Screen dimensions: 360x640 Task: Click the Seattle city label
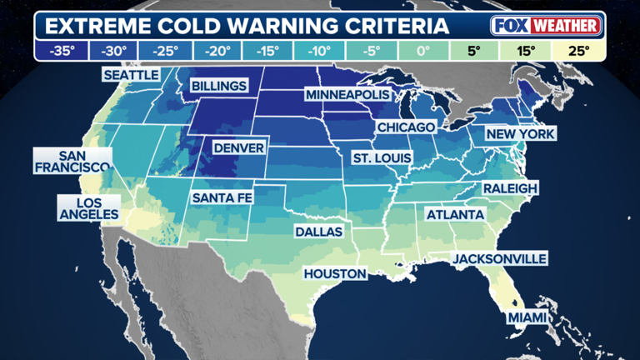point(131,75)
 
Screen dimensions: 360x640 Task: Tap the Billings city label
point(219,86)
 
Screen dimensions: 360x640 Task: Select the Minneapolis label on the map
point(347,95)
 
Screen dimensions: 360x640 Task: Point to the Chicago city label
point(406,127)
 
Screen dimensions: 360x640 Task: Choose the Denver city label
point(239,148)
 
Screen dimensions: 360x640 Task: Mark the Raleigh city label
point(510,188)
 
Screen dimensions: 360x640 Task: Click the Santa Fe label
point(222,198)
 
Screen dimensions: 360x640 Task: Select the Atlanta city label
point(455,215)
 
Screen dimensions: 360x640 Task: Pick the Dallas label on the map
point(318,232)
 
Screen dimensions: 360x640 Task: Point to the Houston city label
point(335,273)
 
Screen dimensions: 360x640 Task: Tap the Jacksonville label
point(500,259)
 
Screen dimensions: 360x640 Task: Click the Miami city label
point(529,317)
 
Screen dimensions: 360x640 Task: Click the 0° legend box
point(422,51)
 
